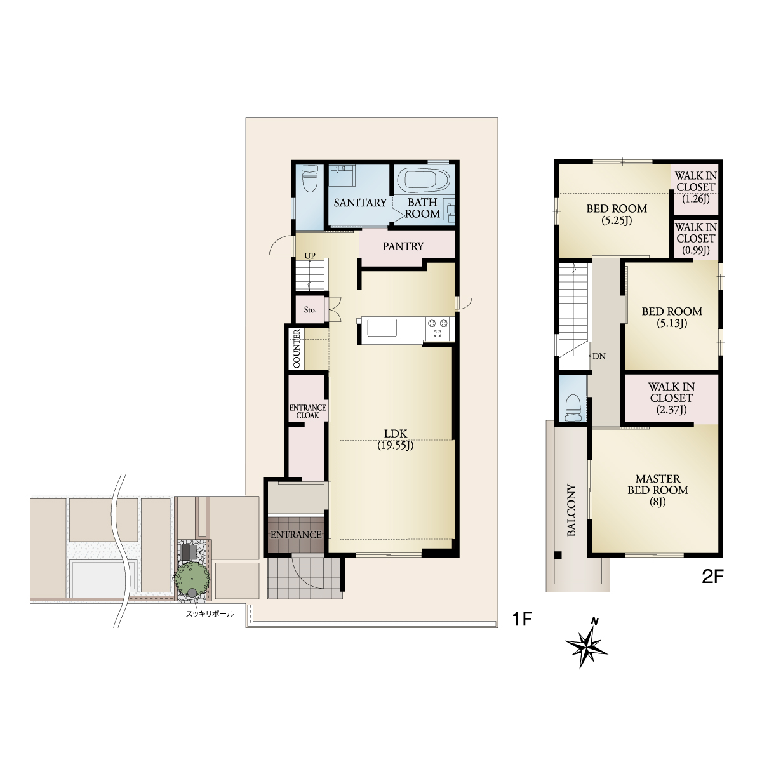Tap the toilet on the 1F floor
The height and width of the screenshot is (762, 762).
[x=310, y=178]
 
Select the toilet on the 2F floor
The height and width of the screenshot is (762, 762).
[x=573, y=408]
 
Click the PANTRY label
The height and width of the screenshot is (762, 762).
[x=403, y=246]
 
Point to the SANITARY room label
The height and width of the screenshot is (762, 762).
[x=360, y=203]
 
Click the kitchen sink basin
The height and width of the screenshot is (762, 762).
[x=382, y=328]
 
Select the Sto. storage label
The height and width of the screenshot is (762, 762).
[x=310, y=310]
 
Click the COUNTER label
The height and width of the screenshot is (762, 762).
[x=297, y=349]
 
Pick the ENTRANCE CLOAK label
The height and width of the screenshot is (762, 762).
[x=307, y=411]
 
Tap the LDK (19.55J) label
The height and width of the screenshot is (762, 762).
[x=395, y=439]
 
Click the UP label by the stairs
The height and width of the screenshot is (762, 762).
[x=310, y=256]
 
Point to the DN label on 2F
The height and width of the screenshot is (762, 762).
[x=599, y=356]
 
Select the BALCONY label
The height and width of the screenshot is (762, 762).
[x=571, y=510]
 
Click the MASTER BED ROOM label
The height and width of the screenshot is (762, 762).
[x=658, y=490]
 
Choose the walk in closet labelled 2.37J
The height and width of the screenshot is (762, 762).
[x=671, y=398]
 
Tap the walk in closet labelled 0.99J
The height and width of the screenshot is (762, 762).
[x=695, y=239]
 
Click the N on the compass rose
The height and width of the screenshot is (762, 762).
[x=594, y=622]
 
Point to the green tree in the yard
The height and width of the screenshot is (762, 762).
[x=191, y=577]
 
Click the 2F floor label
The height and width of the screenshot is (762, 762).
[x=712, y=577]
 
